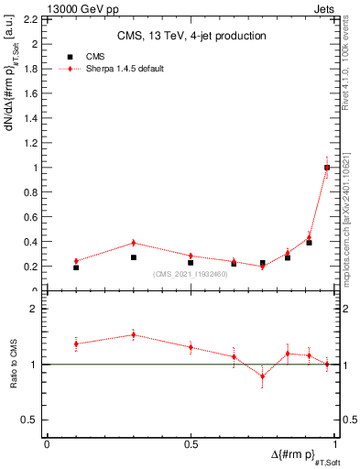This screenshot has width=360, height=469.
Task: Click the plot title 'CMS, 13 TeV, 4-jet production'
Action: click(191, 37)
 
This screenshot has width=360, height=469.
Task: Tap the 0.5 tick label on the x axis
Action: click(191, 444)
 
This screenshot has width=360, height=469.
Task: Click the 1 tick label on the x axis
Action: click(334, 444)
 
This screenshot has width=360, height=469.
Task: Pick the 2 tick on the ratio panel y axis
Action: click(34, 309)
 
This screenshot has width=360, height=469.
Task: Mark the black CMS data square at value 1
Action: click(327, 168)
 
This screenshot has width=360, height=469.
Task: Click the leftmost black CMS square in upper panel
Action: click(76, 267)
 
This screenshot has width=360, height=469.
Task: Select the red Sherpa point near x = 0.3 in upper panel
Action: click(134, 243)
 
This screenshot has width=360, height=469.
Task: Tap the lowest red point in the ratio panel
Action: click(262, 376)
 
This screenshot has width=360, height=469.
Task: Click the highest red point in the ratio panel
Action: click(134, 334)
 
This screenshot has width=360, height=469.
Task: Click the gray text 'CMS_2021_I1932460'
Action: click(190, 274)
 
